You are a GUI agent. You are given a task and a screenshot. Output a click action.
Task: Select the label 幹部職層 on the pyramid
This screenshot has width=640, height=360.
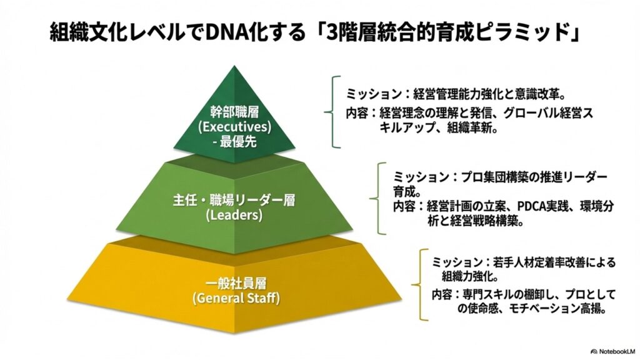pyautogui.click(x=234, y=112)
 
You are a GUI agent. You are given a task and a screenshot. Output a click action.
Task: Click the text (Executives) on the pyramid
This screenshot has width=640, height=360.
pyautogui.click(x=234, y=127)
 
